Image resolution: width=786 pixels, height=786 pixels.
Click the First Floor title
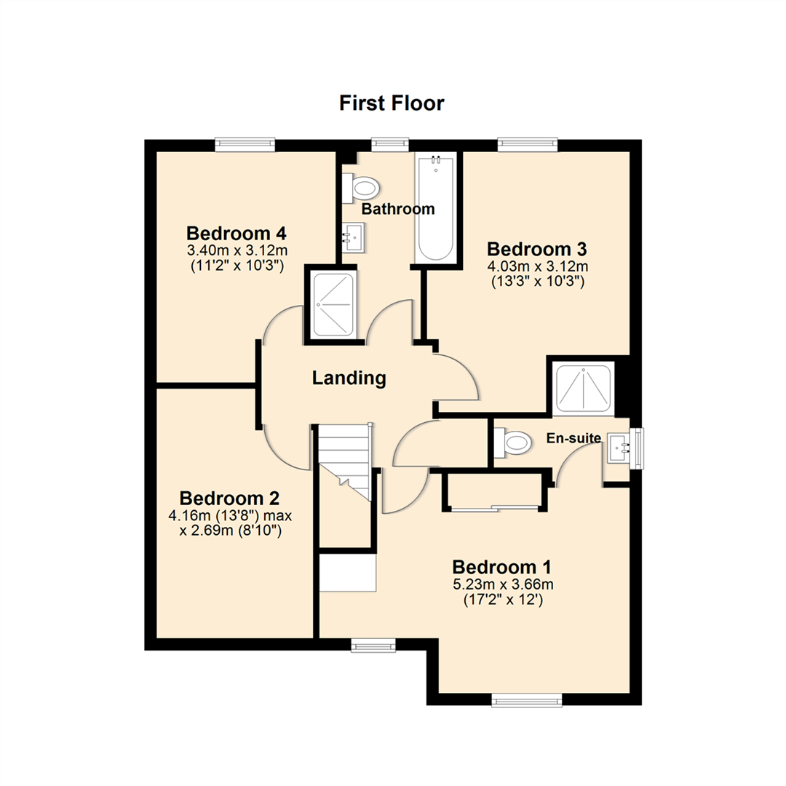(392, 103)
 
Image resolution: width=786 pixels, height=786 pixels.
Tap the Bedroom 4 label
(236, 234)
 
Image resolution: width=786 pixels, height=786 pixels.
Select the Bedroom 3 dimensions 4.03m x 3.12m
(537, 266)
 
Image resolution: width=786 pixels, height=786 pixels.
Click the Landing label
(349, 378)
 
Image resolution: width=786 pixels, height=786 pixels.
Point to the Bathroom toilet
(362, 189)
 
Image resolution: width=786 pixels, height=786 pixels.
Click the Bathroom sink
(354, 237)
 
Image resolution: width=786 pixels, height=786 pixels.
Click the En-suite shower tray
(584, 389)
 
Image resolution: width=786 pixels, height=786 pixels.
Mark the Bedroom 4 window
(245, 145)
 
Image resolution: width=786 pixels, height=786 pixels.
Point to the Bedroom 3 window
(528, 145)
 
